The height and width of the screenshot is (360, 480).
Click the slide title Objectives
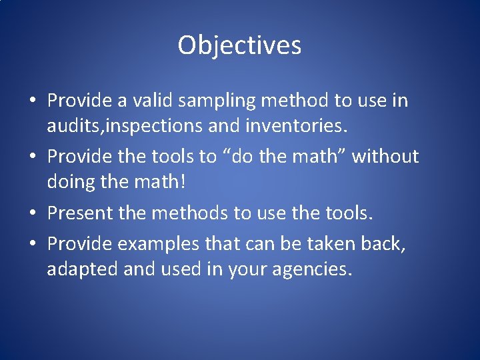[x=239, y=46]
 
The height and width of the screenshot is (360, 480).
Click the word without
[x=385, y=157]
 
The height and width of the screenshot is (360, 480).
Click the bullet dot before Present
[x=33, y=213]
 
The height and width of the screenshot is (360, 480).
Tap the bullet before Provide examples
[x=33, y=245]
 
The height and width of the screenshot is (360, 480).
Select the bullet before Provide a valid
[x=33, y=102]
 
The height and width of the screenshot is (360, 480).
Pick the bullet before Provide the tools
[x=33, y=157]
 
